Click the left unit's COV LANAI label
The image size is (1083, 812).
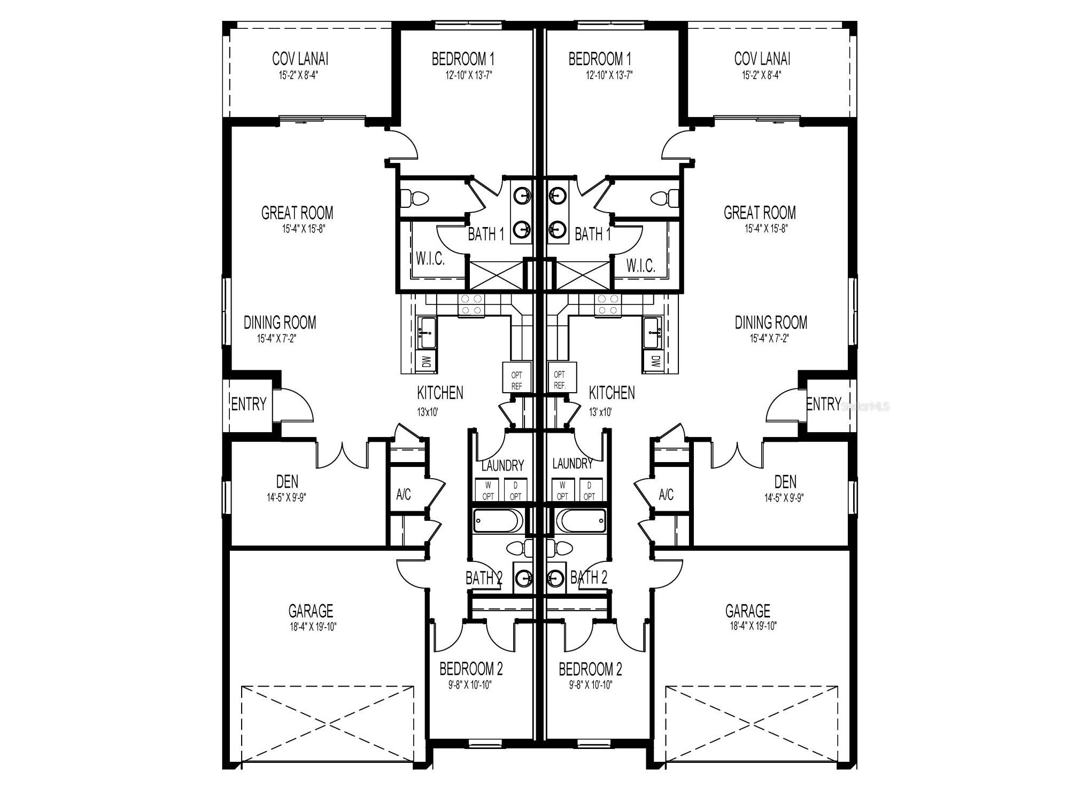pos(300,58)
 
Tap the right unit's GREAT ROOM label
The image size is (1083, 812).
pos(759,213)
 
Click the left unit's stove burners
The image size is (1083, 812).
pos(470,304)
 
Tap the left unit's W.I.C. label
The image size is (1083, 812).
pos(430,260)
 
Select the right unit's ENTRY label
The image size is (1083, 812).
pos(823,404)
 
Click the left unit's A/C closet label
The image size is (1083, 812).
pos(404,494)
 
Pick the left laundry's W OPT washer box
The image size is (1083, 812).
pos(488,490)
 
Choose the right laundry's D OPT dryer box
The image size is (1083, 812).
pos(589,490)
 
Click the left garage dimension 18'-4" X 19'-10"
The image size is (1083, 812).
pos(313,627)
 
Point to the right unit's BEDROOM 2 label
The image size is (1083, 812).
pos(590,669)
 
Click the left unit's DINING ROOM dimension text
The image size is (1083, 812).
pos(276,338)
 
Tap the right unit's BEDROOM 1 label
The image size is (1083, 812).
pos(600,58)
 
